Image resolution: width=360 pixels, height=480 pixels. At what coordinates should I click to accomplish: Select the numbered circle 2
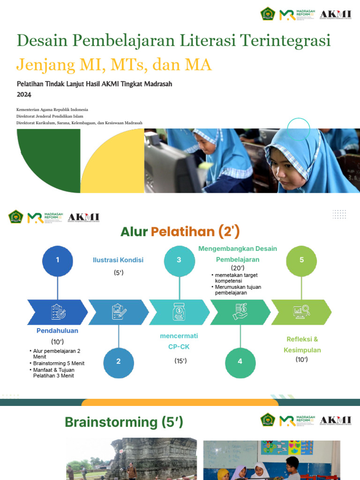(x=119, y=361)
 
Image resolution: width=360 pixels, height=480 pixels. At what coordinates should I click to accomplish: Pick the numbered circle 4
(x=240, y=361)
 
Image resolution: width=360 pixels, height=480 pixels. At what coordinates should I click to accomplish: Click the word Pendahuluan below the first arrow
(x=57, y=330)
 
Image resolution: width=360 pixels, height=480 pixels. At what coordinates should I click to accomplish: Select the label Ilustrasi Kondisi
(x=118, y=260)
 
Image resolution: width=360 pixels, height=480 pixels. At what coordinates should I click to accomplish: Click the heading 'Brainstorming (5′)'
(x=124, y=422)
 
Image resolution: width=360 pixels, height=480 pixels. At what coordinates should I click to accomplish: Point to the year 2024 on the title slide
(x=24, y=94)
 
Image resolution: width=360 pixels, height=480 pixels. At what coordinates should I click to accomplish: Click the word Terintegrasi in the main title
(x=285, y=41)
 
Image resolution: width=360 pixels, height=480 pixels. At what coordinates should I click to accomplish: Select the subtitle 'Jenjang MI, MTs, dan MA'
(x=114, y=64)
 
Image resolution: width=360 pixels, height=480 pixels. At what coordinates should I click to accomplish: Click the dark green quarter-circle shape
(x=48, y=160)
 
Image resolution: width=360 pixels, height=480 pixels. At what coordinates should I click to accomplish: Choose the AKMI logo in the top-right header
(x=335, y=14)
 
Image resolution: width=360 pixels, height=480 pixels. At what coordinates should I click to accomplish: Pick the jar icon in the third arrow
(x=179, y=311)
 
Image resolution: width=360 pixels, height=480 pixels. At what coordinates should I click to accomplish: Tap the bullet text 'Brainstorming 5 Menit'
(x=59, y=363)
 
